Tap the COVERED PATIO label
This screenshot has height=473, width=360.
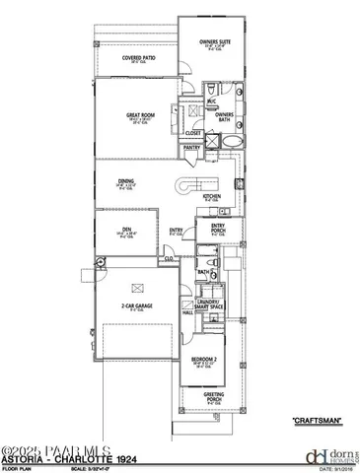(x=138, y=58)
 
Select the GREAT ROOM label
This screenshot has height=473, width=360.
(x=138, y=115)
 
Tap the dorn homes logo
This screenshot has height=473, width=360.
(x=316, y=454)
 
